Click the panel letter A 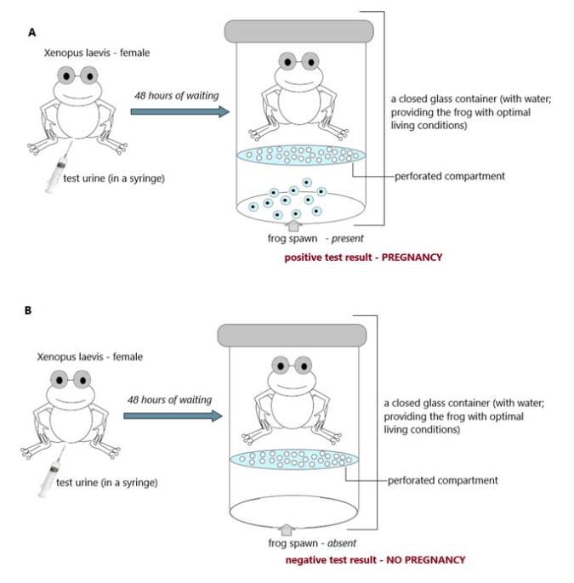pos(32,32)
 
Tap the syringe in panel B pos(49,477)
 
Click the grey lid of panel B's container pos(292,335)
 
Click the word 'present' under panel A pos(348,239)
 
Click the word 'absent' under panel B pos(340,542)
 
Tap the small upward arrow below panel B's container pos(287,529)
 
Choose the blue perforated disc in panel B pos(292,459)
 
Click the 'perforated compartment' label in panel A pos(450,177)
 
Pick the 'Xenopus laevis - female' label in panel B pos(89,357)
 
